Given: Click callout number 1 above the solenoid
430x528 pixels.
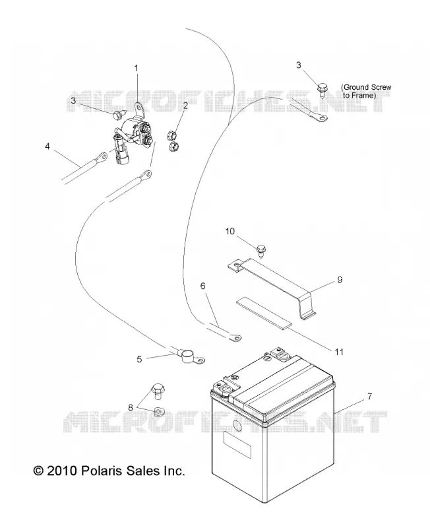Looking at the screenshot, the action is (137, 69).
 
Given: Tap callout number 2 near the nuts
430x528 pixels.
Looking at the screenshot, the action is (185, 106).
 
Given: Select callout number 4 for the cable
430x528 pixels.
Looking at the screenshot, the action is (47, 146).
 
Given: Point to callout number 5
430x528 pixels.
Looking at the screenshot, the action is (139, 359).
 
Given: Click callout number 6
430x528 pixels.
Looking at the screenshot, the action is (202, 286).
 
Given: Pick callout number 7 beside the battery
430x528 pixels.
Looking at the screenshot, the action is (369, 397).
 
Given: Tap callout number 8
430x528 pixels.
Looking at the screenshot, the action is (130, 407).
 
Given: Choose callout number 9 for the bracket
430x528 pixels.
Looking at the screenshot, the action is (340, 279).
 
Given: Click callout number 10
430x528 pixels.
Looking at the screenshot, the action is (230, 232).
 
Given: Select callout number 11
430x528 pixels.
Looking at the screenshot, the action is (339, 352).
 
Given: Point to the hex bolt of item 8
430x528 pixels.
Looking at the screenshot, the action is (157, 391).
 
